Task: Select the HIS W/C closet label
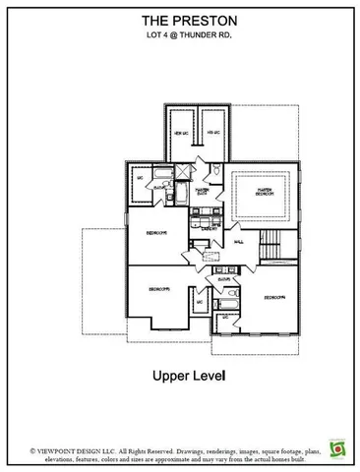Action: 211,133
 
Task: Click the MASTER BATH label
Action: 203,191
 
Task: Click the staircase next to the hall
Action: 273,242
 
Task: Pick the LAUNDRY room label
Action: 209,227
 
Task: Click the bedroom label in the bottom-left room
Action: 161,290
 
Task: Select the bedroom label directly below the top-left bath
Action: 156,233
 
